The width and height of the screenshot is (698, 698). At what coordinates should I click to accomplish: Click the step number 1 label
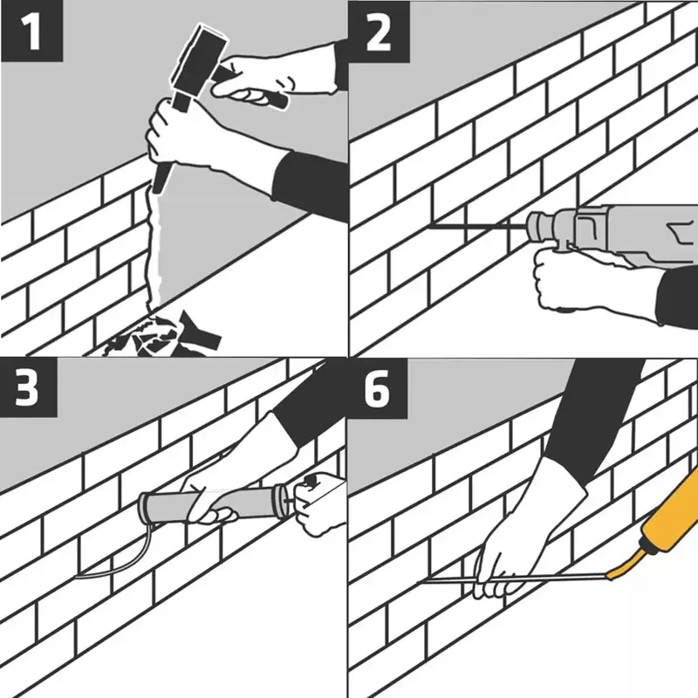click(x=32, y=31)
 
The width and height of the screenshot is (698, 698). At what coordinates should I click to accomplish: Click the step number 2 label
click(x=379, y=31)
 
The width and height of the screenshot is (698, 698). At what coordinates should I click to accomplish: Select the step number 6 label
click(x=378, y=388)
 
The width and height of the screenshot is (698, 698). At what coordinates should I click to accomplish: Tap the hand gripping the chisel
click(x=178, y=134)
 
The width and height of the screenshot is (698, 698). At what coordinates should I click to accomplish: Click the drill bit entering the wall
click(x=477, y=227)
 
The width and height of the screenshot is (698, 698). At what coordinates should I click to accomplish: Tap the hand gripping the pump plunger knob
click(x=319, y=503)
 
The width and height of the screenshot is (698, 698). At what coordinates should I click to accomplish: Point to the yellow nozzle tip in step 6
click(x=611, y=577)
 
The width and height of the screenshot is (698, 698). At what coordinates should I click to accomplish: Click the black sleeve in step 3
click(x=307, y=400)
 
